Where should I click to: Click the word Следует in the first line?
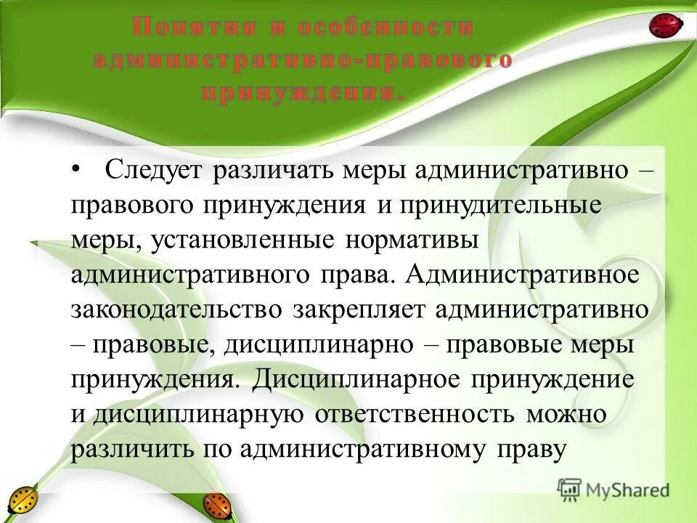155,171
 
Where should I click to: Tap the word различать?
273,171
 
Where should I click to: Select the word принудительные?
499,206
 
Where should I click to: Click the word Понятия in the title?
192,27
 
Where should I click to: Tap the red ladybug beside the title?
666,26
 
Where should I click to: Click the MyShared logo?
614,490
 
